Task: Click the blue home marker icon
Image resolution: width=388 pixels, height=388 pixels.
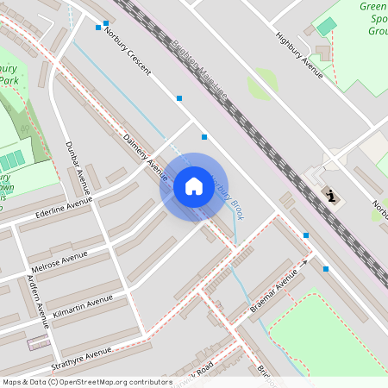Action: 194,186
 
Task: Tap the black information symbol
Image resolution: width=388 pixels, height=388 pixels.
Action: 332,196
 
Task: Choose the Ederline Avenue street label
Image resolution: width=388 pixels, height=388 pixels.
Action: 64,208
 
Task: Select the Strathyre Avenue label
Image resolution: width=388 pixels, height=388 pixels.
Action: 81,354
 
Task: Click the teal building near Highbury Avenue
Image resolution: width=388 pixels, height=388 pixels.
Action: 326,27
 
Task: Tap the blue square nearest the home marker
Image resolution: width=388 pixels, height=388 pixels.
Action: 204,137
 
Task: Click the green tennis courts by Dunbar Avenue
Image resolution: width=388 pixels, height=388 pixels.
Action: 12,161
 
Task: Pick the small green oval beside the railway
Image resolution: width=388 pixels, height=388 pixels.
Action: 263,84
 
